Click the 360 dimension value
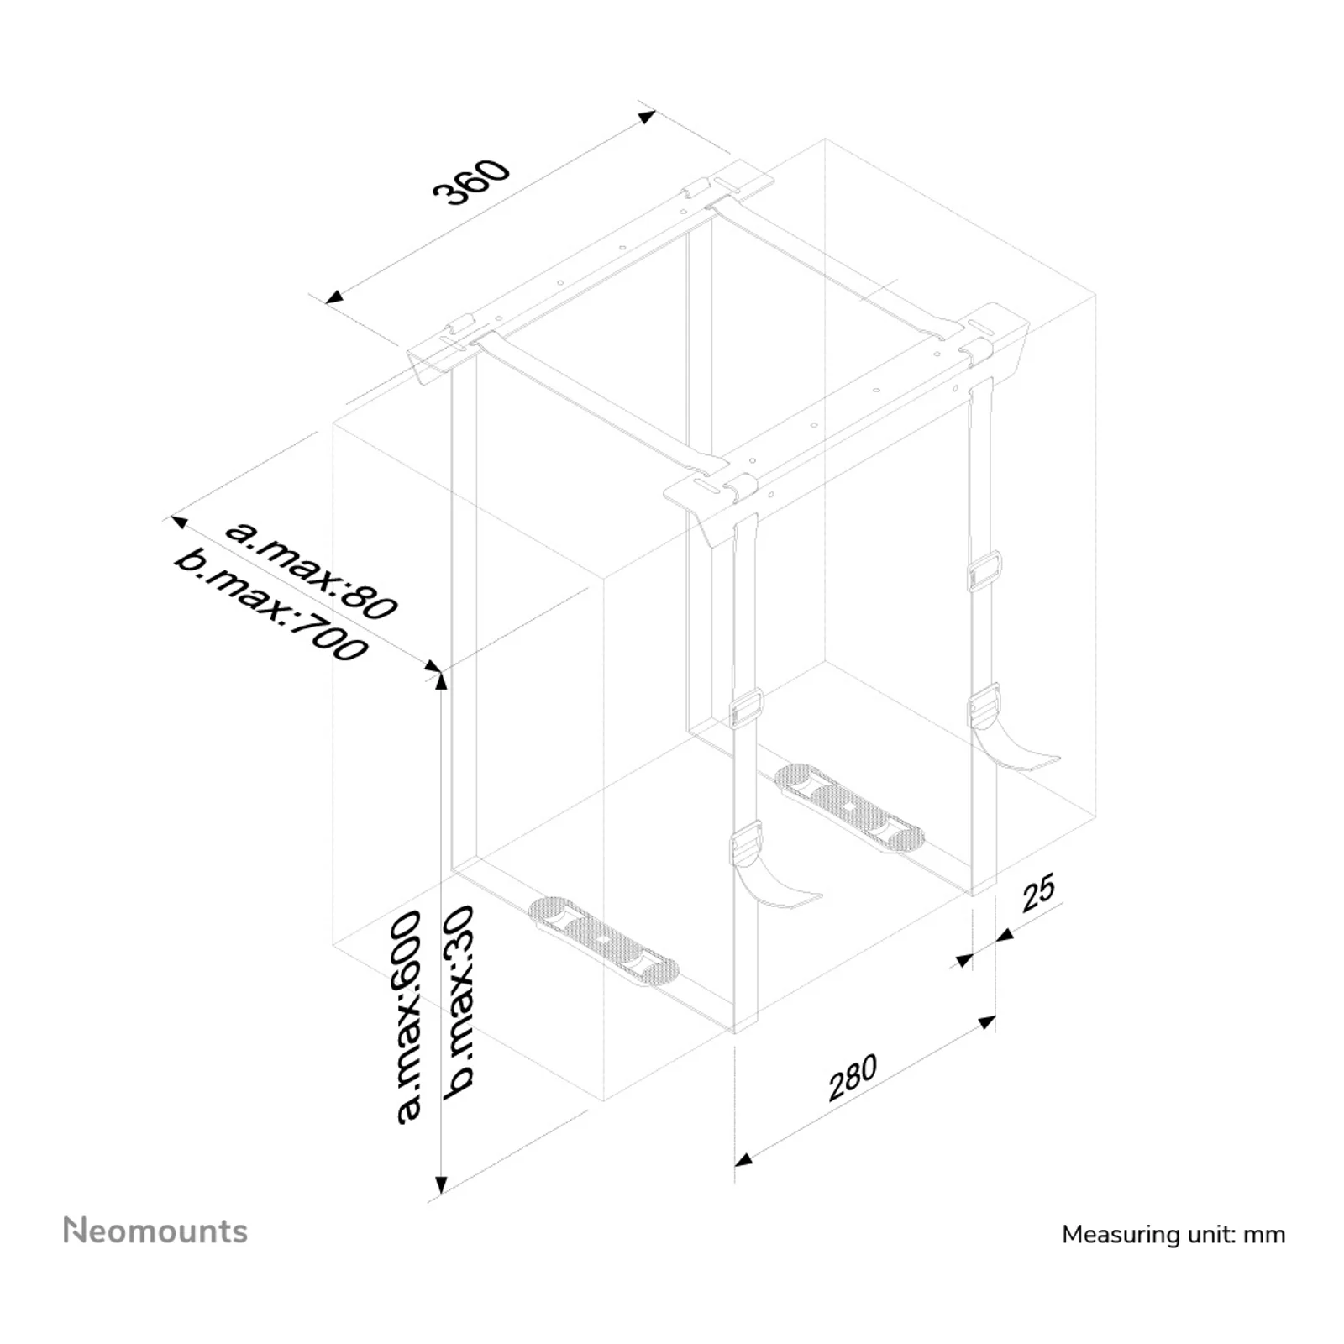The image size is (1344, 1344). pos(471,181)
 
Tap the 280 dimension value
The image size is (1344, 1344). pos(853,1077)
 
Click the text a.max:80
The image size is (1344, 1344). pos(311,570)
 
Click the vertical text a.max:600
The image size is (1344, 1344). pos(408,1016)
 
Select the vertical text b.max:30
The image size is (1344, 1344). pos(460,1001)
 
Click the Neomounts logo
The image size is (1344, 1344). pos(155,1231)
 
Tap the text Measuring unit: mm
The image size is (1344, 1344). pos(1173,1234)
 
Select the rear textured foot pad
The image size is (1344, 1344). pos(848,807)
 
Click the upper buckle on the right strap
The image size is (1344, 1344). pos(984,572)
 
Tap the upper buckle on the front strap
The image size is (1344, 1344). pos(747,708)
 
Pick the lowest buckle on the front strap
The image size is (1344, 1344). pos(746,843)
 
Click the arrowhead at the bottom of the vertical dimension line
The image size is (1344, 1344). pos(441,1185)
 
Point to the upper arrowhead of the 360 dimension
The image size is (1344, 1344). pos(647,116)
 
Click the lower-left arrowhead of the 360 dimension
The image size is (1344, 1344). pos(334,297)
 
